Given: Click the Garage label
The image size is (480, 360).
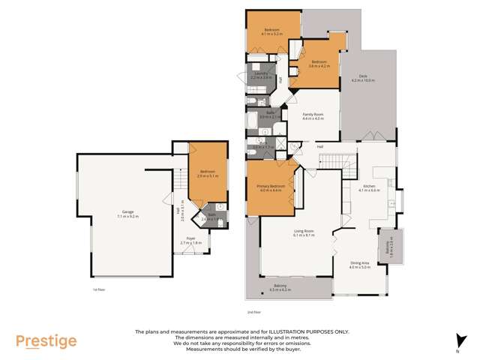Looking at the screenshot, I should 129,211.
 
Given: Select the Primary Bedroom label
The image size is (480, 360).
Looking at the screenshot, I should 268,186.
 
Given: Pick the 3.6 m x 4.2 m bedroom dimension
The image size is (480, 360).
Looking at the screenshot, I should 319,66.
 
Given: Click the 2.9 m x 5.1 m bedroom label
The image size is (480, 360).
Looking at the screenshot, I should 206,173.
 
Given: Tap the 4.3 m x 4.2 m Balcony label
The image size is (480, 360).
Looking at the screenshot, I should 289,289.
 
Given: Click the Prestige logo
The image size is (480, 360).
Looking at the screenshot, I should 46,341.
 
